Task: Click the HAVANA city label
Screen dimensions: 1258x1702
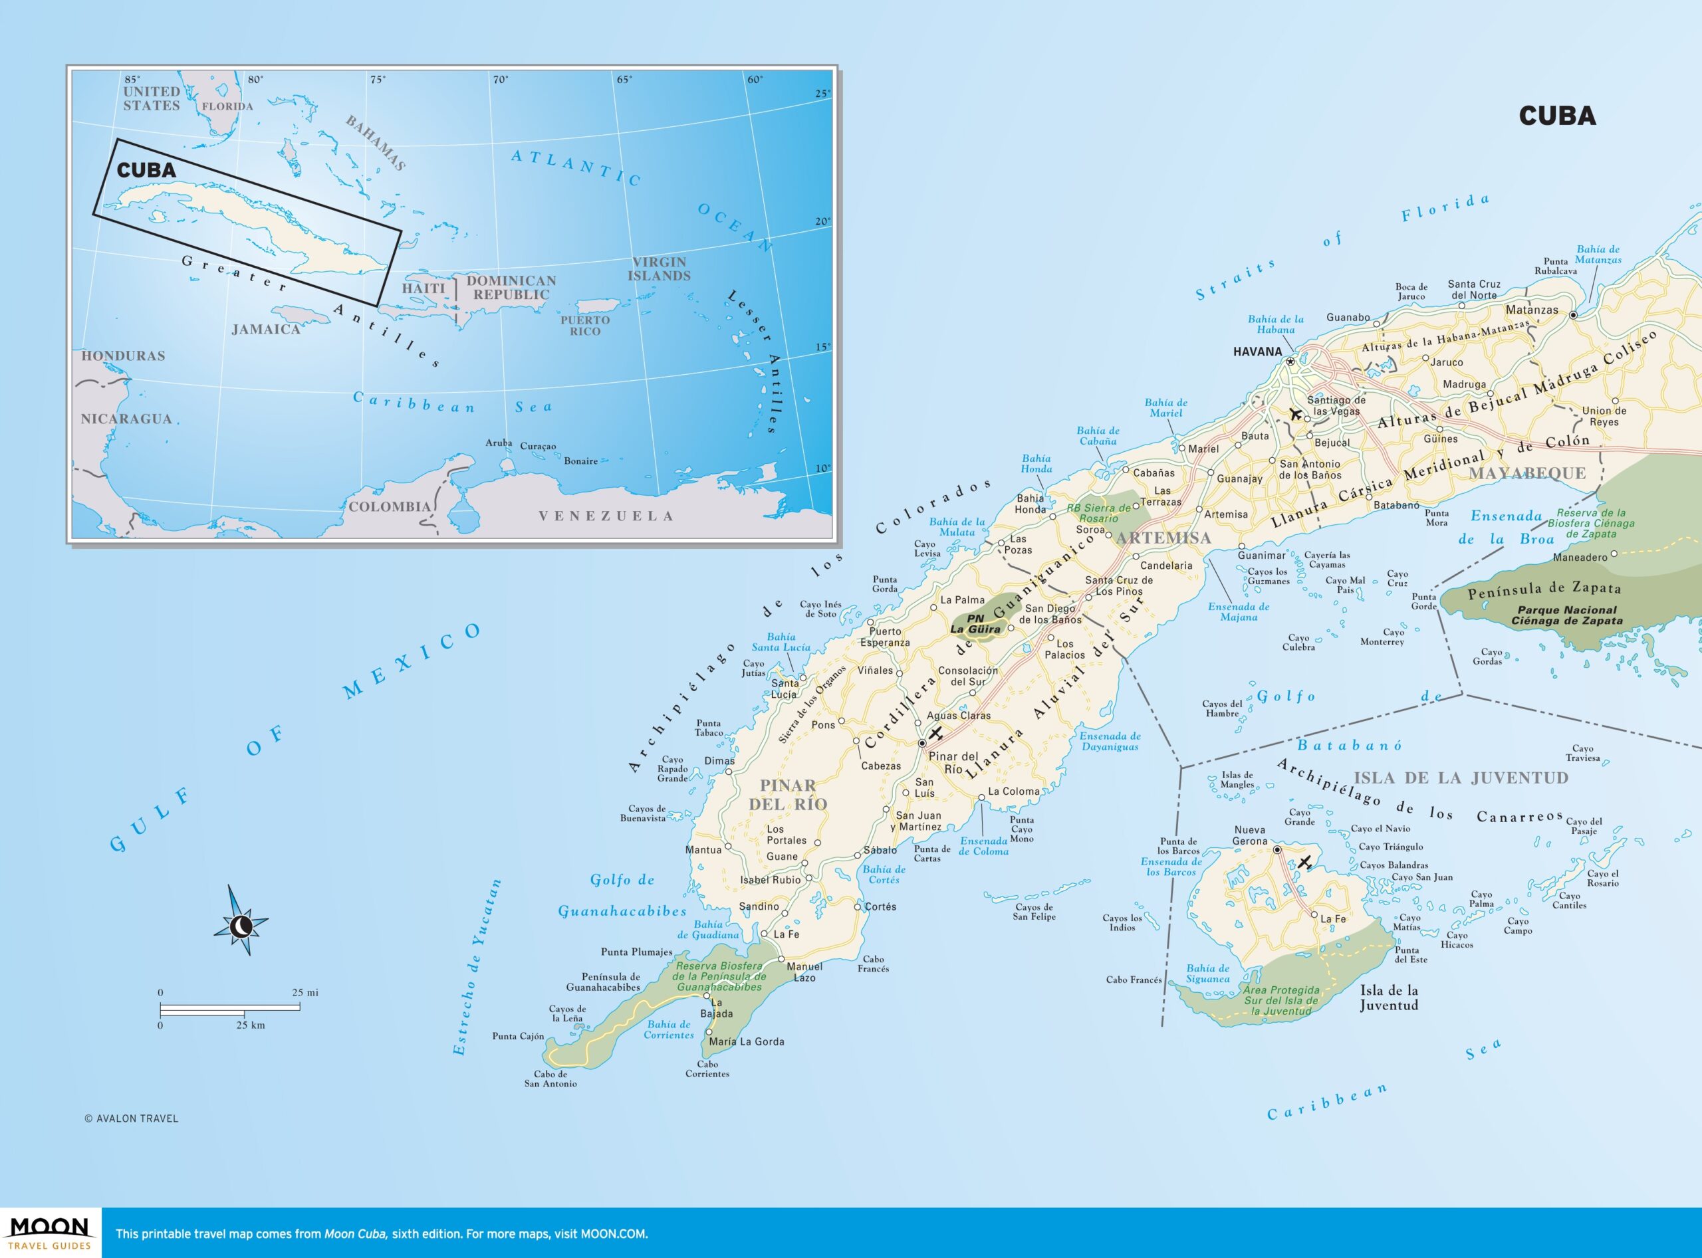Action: (x=1257, y=352)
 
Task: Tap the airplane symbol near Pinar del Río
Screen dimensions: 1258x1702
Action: (x=936, y=733)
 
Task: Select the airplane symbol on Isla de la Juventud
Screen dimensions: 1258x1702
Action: (x=1304, y=863)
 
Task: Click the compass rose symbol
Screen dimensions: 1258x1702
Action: (x=241, y=925)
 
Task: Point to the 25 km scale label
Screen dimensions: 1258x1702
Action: (x=251, y=1025)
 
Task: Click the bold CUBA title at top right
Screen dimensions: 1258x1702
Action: (x=1557, y=116)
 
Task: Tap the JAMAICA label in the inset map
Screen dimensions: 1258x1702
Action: (x=266, y=330)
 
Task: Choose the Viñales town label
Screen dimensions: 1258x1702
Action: (x=876, y=670)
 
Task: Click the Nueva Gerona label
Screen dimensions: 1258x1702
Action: (x=1249, y=835)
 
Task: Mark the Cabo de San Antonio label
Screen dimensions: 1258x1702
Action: (x=550, y=1079)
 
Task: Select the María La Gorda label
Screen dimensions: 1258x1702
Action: (x=746, y=1041)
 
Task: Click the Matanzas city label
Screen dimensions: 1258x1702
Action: (x=1531, y=310)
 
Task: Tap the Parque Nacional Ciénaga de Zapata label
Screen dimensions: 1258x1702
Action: (x=1566, y=615)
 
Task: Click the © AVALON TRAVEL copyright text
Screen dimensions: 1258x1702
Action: (x=131, y=1118)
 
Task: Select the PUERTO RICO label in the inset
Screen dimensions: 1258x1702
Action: (x=585, y=326)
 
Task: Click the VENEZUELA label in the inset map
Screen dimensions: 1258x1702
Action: (x=606, y=516)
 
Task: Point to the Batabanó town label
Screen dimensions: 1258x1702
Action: (x=1396, y=505)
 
